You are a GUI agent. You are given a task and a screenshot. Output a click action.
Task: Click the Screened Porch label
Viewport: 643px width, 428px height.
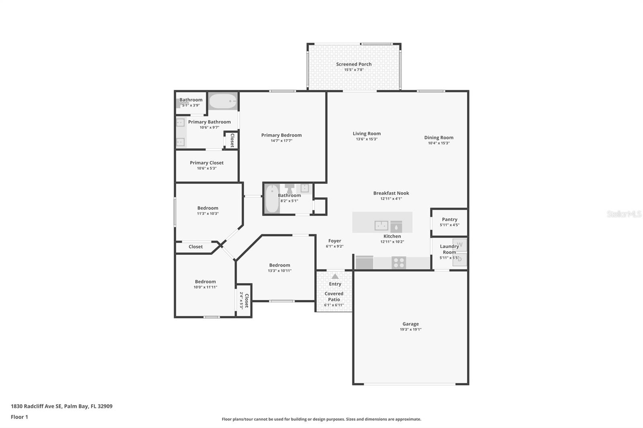coord(354,64)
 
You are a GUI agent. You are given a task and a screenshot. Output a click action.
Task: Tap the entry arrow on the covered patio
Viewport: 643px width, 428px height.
coord(335,276)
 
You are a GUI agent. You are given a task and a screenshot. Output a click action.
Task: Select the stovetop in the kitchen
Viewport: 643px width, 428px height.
coord(399,263)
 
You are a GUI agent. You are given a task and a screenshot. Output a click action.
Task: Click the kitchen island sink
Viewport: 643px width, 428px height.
coord(381,226)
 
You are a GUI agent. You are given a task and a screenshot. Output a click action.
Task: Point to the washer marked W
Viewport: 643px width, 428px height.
coord(460,245)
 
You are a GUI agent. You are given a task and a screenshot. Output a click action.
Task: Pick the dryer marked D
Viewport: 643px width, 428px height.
coord(460,260)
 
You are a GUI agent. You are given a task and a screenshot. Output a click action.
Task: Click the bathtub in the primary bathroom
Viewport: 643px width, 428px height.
coord(223,101)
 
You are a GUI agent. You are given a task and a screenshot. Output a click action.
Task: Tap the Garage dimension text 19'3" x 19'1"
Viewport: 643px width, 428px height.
coord(410,329)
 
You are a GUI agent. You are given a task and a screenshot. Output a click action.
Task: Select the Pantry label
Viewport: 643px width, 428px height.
coord(450,220)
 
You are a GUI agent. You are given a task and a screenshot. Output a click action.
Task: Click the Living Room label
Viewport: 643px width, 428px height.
coord(367,134)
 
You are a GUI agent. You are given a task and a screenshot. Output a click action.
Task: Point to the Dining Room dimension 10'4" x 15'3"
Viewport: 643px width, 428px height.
coord(438,143)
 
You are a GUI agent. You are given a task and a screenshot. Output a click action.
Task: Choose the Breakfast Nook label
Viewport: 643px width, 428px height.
coord(391,194)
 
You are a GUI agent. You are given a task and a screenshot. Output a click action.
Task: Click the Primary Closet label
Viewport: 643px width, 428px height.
coord(207,163)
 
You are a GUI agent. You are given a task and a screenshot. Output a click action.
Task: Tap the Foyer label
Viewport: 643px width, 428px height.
coord(335,241)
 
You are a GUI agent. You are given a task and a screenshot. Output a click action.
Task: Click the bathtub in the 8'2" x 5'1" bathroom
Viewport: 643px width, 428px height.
coord(272,199)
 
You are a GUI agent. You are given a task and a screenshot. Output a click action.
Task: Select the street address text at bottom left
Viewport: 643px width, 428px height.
coord(62,406)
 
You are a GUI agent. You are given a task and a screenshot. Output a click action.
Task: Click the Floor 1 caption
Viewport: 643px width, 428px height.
coord(19,417)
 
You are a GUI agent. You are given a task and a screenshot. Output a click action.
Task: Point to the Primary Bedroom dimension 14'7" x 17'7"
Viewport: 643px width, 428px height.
coord(281,141)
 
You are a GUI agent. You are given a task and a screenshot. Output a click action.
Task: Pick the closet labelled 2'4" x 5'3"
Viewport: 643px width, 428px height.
coord(244,300)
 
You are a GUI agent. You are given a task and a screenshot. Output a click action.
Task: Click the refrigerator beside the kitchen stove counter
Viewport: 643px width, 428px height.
coord(364,263)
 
